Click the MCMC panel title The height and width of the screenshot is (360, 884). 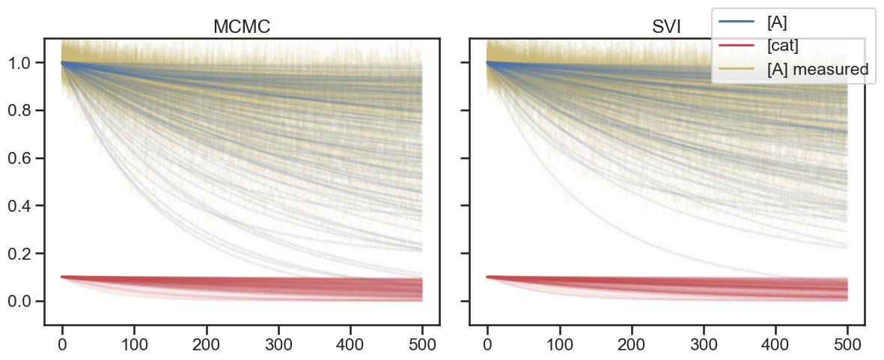tap(242, 27)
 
